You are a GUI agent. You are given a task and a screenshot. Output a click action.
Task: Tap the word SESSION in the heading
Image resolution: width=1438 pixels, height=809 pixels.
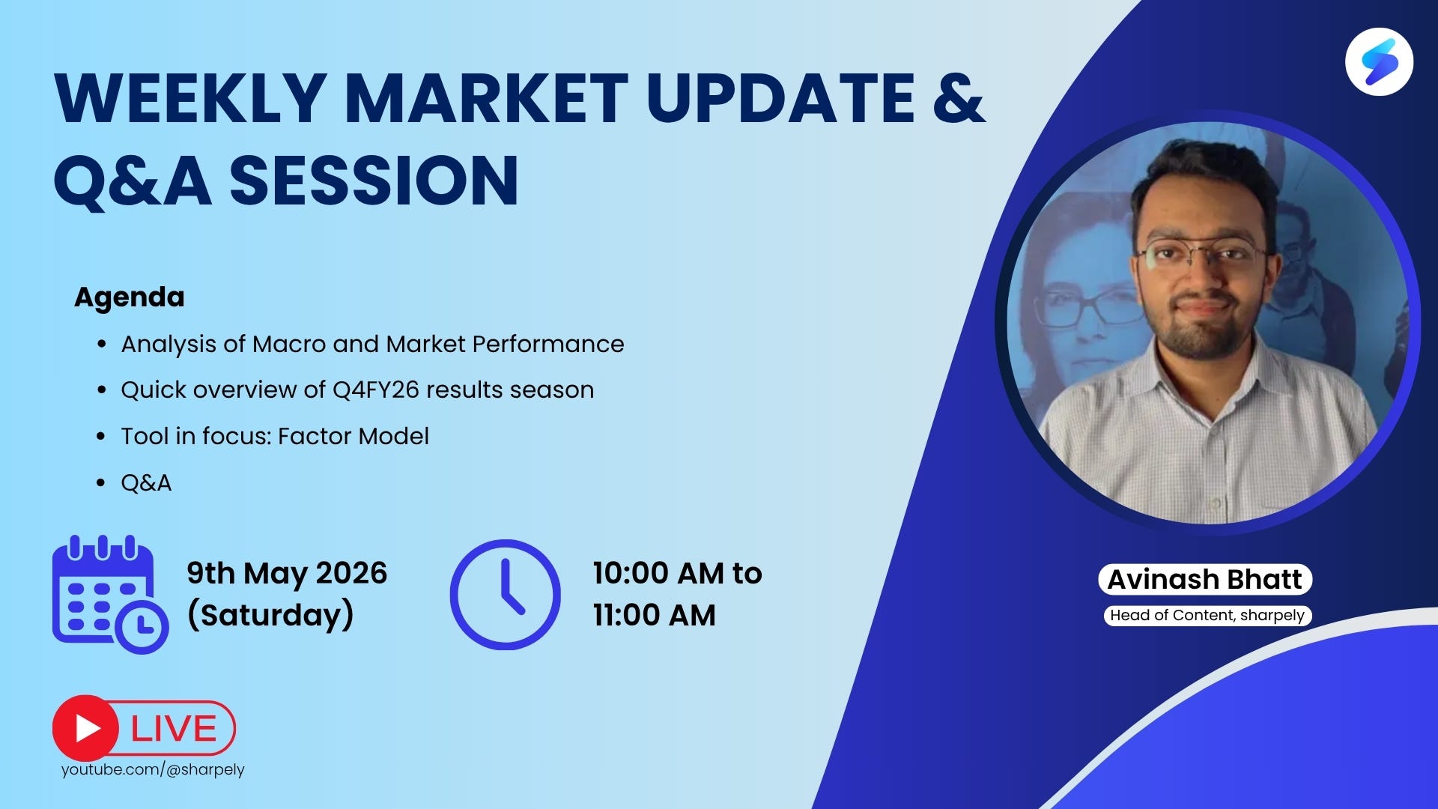tap(374, 181)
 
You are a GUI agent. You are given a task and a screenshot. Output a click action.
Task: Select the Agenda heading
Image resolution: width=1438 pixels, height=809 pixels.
tap(130, 297)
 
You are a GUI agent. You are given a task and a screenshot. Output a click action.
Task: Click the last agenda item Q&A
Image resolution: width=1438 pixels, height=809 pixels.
tap(146, 482)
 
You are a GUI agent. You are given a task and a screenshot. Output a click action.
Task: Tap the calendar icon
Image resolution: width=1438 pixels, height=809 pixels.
tap(110, 593)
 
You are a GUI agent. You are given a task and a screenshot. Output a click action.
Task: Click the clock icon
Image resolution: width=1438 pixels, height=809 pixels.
tap(505, 594)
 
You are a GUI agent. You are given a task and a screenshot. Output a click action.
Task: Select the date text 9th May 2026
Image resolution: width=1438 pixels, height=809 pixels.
tap(287, 573)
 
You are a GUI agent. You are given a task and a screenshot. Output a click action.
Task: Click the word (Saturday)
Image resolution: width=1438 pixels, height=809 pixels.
tap(270, 615)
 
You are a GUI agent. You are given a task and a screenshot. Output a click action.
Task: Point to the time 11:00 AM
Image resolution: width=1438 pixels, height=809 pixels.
tap(654, 615)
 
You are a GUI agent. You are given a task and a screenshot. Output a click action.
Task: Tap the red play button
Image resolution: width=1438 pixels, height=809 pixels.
tap(85, 728)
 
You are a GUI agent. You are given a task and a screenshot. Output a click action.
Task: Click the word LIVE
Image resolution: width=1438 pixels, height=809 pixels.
tap(174, 729)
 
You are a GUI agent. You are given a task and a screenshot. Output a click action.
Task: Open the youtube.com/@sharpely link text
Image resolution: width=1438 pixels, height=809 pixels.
tap(153, 769)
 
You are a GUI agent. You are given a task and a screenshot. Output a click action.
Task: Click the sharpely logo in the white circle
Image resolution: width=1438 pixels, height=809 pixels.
tap(1379, 61)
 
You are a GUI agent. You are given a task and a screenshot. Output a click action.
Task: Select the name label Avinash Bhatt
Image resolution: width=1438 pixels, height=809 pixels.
tap(1205, 579)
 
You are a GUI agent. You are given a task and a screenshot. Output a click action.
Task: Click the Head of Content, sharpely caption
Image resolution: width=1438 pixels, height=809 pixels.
tap(1207, 615)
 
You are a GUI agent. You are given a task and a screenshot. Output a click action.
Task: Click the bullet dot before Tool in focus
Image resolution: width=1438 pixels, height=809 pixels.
tap(101, 436)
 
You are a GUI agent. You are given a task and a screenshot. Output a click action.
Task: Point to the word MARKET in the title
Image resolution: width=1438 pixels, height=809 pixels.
tap(486, 98)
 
